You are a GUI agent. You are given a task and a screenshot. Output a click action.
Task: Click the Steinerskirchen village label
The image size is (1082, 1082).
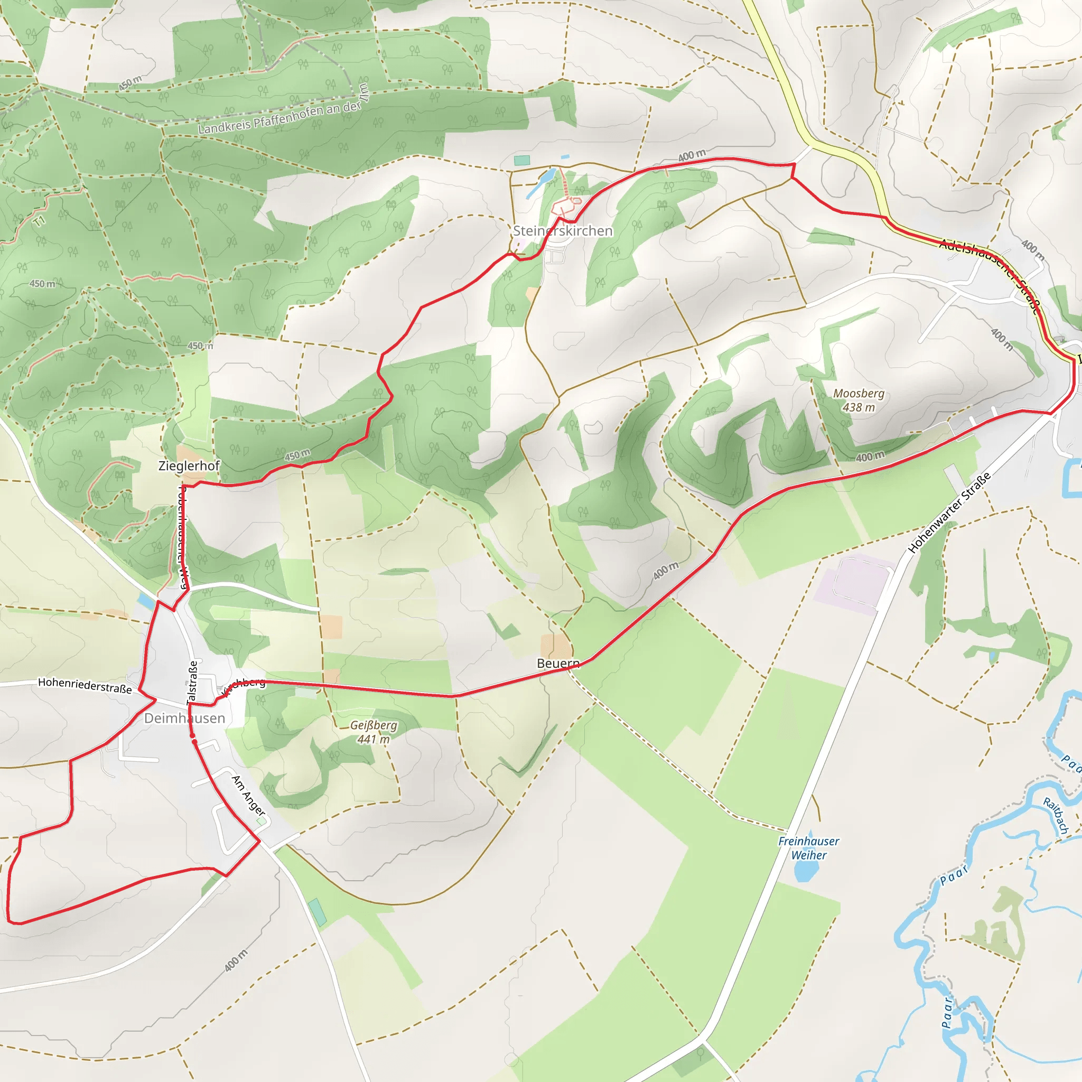point(562,231)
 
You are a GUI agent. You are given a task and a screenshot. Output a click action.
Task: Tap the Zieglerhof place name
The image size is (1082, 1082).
point(189,465)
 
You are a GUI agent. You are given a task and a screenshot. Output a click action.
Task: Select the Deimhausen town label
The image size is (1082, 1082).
point(184,718)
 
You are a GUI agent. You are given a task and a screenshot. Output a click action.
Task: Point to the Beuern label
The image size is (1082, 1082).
point(558,663)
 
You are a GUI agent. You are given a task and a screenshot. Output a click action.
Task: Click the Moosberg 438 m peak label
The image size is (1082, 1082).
point(859,400)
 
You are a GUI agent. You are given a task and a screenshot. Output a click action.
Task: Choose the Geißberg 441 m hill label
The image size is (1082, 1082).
point(374,732)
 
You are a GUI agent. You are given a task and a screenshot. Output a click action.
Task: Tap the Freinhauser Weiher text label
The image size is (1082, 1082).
point(809,848)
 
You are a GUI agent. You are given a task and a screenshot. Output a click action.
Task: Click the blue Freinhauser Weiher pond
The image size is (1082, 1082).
point(805,870)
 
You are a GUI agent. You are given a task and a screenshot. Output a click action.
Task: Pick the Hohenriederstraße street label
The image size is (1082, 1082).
point(85,685)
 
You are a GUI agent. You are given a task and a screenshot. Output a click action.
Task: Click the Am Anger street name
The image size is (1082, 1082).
point(248,795)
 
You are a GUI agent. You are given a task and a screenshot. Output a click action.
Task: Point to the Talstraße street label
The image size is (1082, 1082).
point(192,682)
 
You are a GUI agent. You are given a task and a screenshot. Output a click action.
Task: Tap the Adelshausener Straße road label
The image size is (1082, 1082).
point(990,273)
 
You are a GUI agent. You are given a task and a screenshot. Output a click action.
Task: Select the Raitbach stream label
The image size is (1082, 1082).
point(1056,815)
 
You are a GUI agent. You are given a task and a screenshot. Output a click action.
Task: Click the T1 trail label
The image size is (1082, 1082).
point(39,221)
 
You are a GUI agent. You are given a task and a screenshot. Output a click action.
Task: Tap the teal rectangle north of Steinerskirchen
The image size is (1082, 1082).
point(521,160)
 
